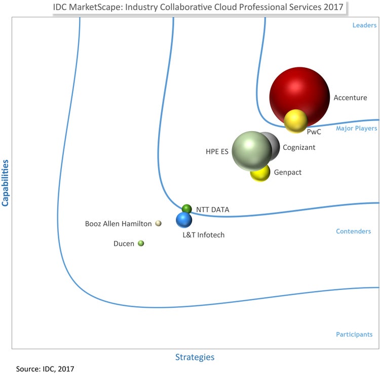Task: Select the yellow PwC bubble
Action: (295, 121)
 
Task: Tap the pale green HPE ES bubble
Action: (252, 151)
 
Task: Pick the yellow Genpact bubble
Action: (260, 173)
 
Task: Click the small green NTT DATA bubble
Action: (186, 209)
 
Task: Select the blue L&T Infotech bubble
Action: (184, 220)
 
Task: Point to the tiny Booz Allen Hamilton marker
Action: (158, 223)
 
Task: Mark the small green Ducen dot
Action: (141, 243)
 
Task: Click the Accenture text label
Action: (350, 98)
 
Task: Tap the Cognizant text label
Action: (299, 148)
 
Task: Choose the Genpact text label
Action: (288, 173)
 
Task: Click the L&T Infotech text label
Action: (204, 235)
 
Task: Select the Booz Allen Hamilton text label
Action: (118, 224)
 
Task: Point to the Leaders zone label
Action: (364, 25)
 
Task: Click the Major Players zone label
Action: (356, 129)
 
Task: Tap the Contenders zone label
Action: (353, 231)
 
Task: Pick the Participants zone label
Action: (354, 334)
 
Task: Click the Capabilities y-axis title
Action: (7, 183)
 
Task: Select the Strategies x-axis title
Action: (195, 357)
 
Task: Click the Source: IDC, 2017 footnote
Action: (45, 368)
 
